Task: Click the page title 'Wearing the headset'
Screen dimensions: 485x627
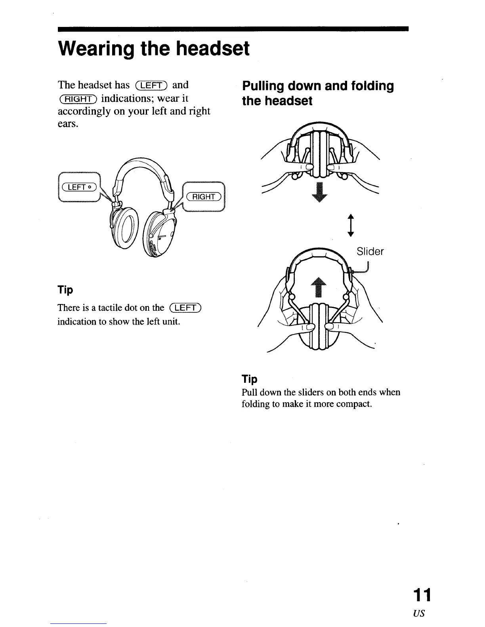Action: click(154, 49)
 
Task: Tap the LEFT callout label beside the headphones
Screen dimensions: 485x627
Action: click(78, 187)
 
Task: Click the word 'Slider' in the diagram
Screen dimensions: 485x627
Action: click(370, 252)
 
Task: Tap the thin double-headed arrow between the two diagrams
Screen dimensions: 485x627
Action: click(350, 224)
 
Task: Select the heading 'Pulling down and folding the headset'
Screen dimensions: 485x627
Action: click(318, 93)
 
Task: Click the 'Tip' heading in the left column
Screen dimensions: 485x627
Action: click(65, 290)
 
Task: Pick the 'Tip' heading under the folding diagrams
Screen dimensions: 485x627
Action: click(250, 379)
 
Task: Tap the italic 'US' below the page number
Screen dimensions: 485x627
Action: click(419, 614)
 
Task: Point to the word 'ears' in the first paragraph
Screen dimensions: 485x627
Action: click(67, 124)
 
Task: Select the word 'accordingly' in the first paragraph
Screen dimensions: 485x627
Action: click(84, 111)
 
